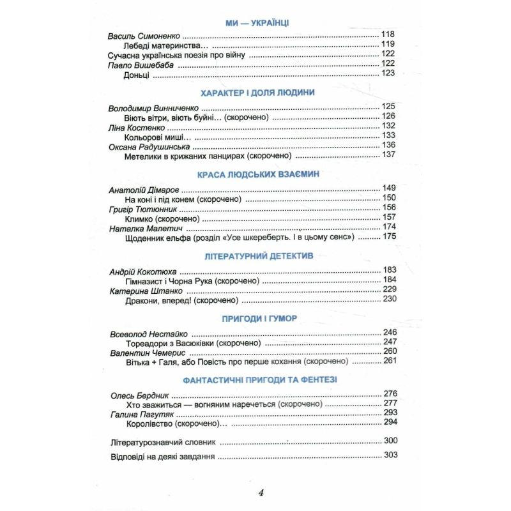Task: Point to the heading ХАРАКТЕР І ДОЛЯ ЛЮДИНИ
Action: point(257,93)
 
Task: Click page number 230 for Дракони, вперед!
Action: point(389,300)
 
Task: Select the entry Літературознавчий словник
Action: point(160,442)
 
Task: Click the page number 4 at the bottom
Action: point(260,492)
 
